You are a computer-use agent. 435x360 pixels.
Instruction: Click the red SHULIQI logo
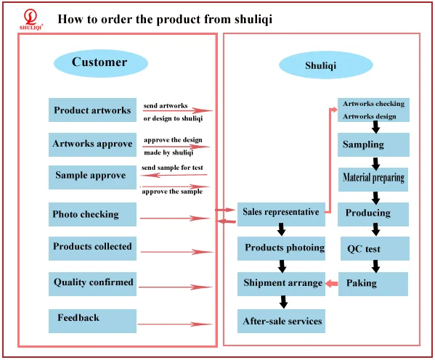[x=31, y=19]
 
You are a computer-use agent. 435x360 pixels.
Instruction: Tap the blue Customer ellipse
[x=101, y=63]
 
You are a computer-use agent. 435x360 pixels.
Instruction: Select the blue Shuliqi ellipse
[x=325, y=65]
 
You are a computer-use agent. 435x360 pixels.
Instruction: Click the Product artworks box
[x=92, y=110]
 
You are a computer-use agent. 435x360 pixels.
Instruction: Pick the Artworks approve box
[x=92, y=144]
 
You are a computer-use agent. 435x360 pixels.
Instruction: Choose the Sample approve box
[x=92, y=177]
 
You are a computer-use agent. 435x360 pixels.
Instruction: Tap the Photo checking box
[x=92, y=214]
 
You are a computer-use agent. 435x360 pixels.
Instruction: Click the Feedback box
[x=92, y=321]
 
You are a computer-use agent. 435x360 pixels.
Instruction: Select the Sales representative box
[x=281, y=214]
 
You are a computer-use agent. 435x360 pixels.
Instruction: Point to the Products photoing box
[x=281, y=248]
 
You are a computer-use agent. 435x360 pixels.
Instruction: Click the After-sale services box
[x=281, y=321]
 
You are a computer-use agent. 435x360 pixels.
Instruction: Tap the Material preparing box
[x=373, y=179]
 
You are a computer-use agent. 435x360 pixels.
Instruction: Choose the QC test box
[x=375, y=248]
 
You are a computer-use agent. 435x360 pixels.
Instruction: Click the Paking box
[x=373, y=284]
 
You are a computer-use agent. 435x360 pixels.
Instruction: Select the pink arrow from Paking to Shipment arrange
[x=332, y=284]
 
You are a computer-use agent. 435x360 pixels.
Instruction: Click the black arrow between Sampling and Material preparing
[x=375, y=163]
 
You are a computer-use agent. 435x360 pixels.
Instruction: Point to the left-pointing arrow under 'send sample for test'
[x=174, y=175]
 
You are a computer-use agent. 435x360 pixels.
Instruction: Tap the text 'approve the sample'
[x=172, y=192]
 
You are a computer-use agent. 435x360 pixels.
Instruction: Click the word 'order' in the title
[x=116, y=19]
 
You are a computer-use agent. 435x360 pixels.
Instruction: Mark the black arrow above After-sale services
[x=283, y=302]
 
